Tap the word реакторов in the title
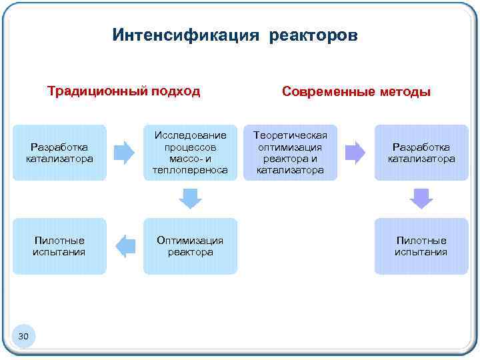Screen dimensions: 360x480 click(x=313, y=35)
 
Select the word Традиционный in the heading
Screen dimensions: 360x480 click(x=88, y=91)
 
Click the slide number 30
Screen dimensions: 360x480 click(x=23, y=337)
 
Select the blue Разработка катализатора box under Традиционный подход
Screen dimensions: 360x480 click(x=59, y=153)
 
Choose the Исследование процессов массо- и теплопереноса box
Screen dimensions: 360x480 click(x=190, y=153)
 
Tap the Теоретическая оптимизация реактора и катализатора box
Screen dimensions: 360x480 click(x=291, y=153)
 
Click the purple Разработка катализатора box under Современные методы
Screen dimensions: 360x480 click(x=421, y=153)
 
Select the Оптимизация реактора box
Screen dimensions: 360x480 click(x=190, y=246)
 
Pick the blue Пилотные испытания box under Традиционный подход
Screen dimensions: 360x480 click(x=59, y=246)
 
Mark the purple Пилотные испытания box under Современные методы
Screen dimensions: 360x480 click(x=421, y=246)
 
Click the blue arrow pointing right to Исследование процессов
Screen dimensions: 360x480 click(x=124, y=153)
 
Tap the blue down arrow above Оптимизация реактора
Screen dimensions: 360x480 click(x=191, y=198)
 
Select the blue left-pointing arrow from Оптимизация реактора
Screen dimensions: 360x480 click(x=125, y=246)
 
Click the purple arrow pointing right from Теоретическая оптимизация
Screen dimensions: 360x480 click(x=355, y=153)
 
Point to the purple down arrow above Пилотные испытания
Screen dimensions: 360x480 click(x=421, y=198)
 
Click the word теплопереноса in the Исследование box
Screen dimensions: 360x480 click(x=190, y=171)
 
